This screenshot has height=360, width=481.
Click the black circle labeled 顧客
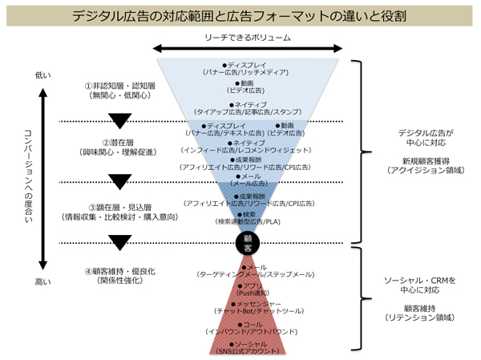248,240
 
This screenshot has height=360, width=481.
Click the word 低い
42,75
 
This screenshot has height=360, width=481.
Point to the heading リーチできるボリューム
247,38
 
